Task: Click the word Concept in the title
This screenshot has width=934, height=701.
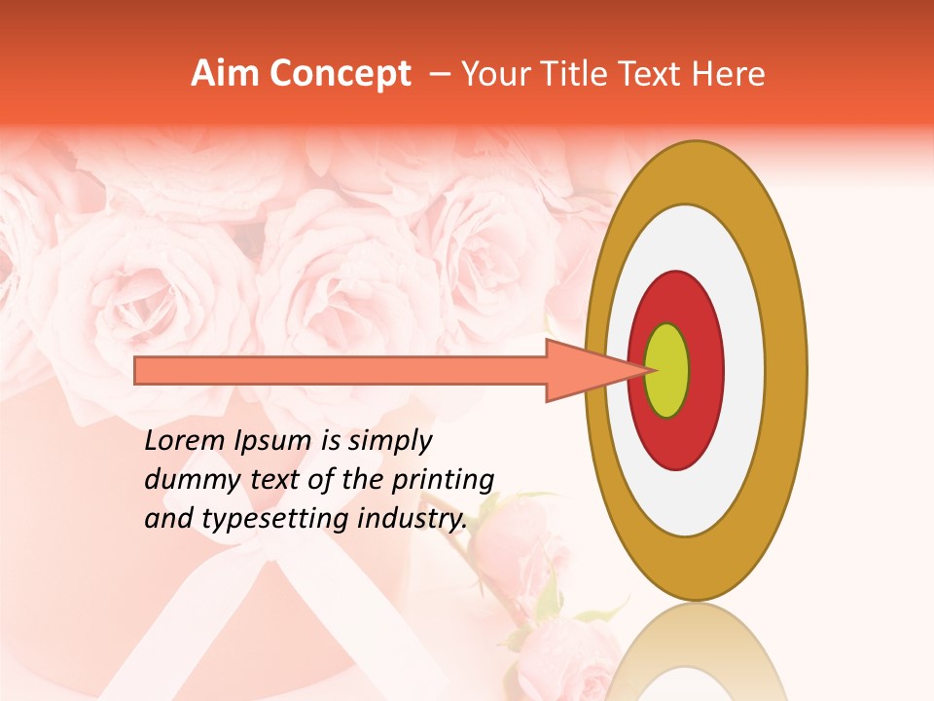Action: [340, 74]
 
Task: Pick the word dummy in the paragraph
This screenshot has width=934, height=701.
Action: [184, 480]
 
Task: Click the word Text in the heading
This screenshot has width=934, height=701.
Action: [656, 74]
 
